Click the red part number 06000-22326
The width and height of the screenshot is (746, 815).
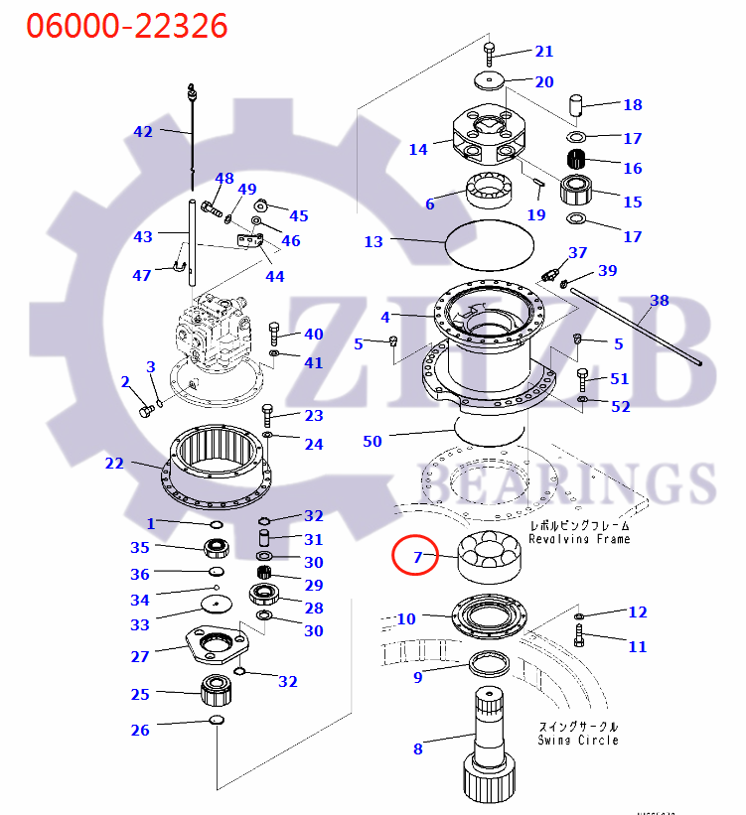[126, 25]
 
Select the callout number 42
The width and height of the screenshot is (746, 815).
[144, 131]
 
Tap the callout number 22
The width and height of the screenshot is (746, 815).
[115, 463]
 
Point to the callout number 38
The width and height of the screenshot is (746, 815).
[659, 300]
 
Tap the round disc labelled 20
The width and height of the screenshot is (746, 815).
[488, 80]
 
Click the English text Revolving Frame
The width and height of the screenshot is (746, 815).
[578, 539]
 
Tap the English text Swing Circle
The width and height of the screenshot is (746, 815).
[578, 740]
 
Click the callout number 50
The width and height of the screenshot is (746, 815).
[372, 441]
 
